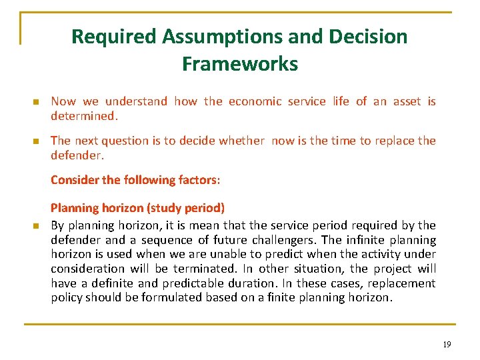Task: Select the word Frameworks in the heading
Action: point(239,64)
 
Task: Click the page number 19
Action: point(446,344)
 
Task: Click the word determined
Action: point(84,116)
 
